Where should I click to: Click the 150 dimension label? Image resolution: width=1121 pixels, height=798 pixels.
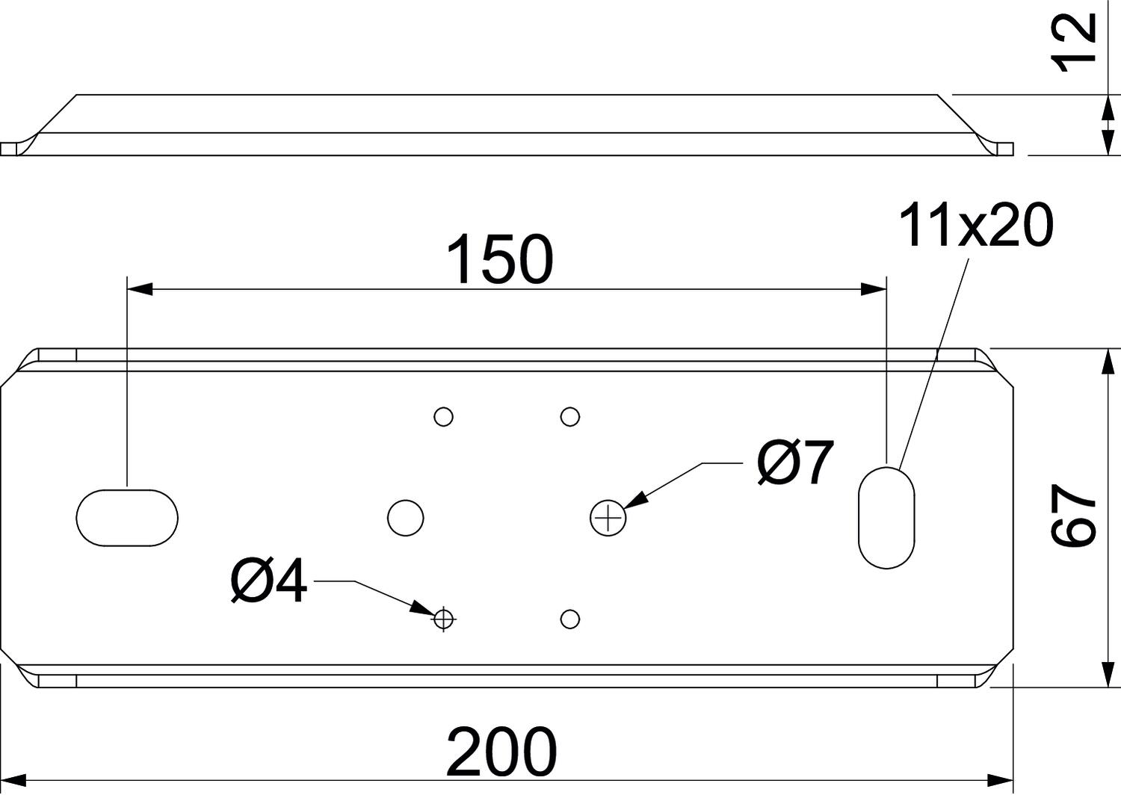[x=499, y=260]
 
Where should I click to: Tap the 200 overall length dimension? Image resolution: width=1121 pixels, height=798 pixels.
[x=501, y=751]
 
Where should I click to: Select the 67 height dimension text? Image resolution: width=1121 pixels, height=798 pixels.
[x=1073, y=516]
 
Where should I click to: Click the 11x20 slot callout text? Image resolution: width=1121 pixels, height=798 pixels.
[x=976, y=225]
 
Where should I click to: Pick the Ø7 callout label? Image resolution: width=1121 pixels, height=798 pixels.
[x=794, y=463]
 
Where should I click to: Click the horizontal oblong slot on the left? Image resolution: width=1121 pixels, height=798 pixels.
[x=128, y=517]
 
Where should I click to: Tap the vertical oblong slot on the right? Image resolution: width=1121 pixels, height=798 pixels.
[x=886, y=517]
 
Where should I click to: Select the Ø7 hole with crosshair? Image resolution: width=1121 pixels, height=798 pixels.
[x=608, y=518]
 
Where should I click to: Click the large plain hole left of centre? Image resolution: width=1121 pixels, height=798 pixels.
[x=406, y=517]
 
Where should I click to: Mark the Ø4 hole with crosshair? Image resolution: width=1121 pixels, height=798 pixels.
[x=444, y=619]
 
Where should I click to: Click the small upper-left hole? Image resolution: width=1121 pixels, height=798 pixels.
[x=444, y=416]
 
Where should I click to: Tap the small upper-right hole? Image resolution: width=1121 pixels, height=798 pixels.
[x=570, y=416]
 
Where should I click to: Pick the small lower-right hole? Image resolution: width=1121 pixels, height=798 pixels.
[x=570, y=619]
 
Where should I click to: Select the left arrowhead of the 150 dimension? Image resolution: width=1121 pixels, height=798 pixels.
[x=140, y=289]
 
